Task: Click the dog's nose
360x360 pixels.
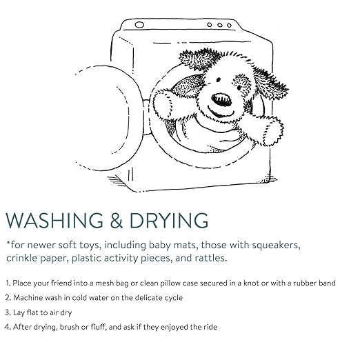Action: click(x=221, y=99)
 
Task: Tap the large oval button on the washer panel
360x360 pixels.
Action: click(x=139, y=25)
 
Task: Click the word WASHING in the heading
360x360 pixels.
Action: click(x=54, y=220)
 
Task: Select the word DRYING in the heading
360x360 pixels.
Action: click(x=169, y=220)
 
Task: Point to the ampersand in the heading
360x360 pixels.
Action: click(x=117, y=220)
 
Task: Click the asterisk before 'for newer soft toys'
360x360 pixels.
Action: click(x=8, y=243)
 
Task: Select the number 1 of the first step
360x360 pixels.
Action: click(x=8, y=283)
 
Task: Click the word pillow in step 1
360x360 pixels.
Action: click(x=170, y=283)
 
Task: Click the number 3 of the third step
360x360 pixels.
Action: click(x=8, y=312)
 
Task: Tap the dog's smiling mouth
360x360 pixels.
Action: click(x=221, y=112)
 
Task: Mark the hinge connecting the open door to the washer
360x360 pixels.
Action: click(x=147, y=117)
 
